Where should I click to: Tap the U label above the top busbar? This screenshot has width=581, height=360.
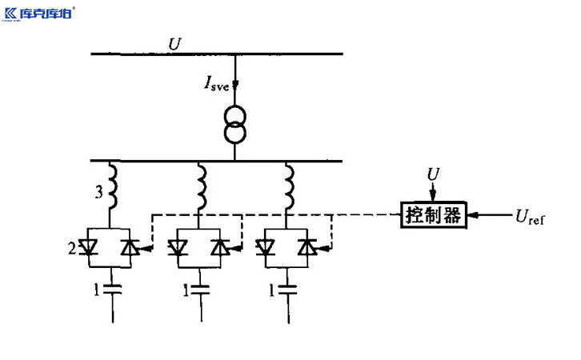tap(174, 43)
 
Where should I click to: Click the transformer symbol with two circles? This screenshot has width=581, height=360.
tap(236, 125)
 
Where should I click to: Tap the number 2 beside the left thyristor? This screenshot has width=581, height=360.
tap(71, 250)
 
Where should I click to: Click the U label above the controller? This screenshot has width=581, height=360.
tap(433, 174)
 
